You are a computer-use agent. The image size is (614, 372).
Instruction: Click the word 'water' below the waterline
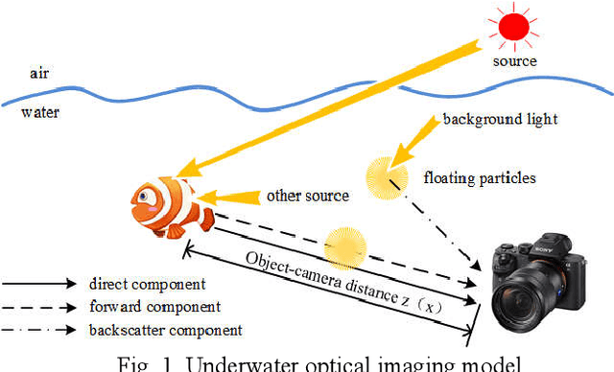coord(39,112)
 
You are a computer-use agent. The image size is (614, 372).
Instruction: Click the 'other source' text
coord(309,196)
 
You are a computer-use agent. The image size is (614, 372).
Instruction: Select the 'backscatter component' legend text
coord(165,330)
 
